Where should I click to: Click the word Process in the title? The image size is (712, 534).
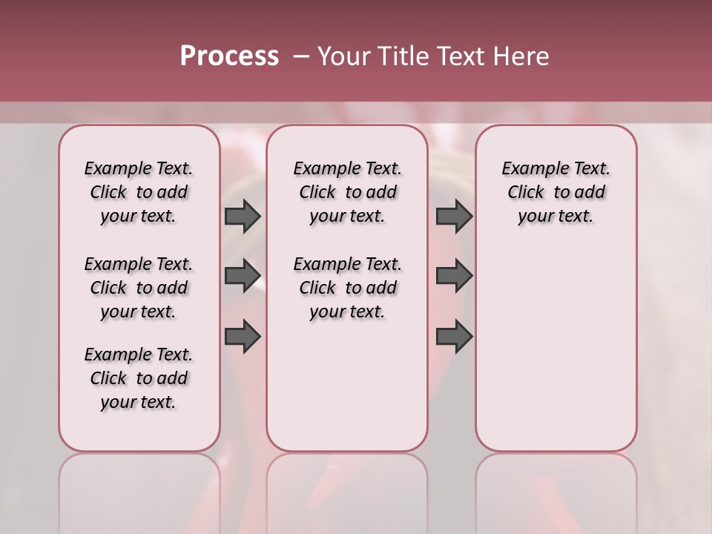pos(229,56)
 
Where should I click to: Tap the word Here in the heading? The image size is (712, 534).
pos(521,56)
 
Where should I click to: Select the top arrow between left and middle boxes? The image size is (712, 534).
pos(243,216)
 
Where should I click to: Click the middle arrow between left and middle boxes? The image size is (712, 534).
pos(243,276)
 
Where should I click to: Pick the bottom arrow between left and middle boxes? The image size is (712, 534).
pos(243,336)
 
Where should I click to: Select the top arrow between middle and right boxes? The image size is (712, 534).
pos(454,216)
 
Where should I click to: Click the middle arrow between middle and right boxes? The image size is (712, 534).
pos(454,276)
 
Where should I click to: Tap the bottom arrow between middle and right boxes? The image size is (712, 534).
pos(454,336)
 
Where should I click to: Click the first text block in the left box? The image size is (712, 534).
pos(139,192)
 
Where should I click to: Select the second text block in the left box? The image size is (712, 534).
pos(139,288)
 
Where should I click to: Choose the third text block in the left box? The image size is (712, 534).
pos(139,378)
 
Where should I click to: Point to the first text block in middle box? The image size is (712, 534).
pos(347,192)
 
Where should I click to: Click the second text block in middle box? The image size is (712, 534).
pos(347,288)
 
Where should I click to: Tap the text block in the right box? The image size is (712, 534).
pos(556,192)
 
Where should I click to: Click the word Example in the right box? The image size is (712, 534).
pos(529,169)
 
